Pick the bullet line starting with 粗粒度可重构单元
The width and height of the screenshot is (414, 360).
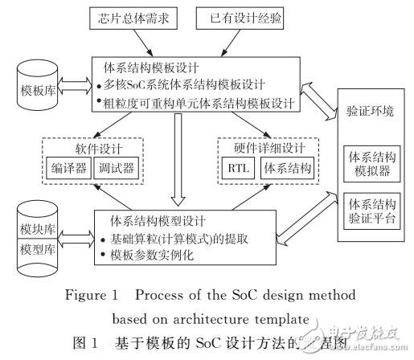[201, 101]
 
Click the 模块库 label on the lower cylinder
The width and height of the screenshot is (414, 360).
[36, 230]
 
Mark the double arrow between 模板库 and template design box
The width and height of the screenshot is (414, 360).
[73, 84]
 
